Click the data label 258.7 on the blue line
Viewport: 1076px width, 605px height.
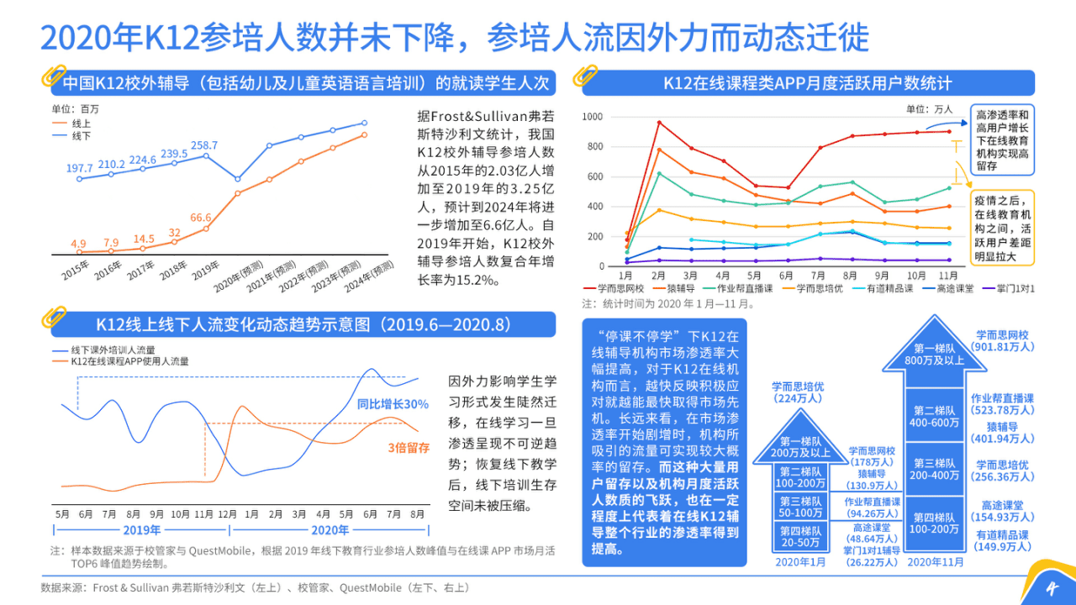click(204, 145)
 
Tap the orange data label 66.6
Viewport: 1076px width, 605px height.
click(200, 218)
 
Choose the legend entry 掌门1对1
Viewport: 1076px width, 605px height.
click(1010, 288)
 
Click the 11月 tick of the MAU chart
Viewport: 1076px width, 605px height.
click(947, 276)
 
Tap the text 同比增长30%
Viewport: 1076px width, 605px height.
click(393, 404)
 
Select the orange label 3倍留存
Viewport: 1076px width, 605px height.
click(409, 448)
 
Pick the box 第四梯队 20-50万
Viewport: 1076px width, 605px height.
click(799, 537)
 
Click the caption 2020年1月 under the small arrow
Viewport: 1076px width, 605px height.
click(799, 562)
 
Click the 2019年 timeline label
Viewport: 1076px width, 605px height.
click(141, 530)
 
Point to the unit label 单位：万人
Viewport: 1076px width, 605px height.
click(929, 109)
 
